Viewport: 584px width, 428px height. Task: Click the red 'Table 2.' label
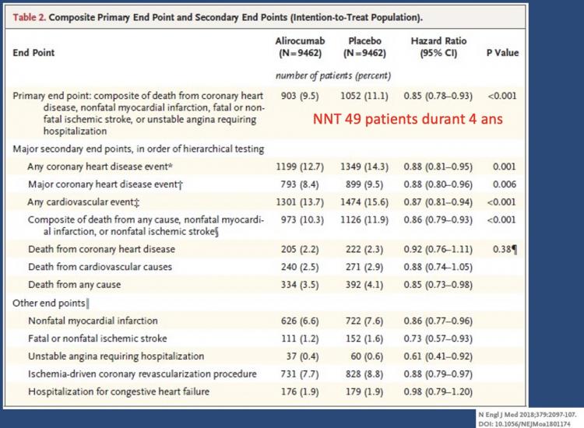[30, 17]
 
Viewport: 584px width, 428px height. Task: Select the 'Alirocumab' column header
[301, 41]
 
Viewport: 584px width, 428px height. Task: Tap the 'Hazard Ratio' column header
[438, 41]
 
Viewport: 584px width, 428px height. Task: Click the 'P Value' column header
[502, 53]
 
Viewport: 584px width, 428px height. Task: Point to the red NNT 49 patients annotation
[408, 119]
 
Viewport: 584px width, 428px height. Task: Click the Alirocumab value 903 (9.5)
[300, 96]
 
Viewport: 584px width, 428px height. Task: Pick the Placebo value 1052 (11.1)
[364, 96]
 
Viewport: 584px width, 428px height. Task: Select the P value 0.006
[505, 184]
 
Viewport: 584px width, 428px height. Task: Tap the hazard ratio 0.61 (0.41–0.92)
[438, 356]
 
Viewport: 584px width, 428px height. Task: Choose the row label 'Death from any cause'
[75, 285]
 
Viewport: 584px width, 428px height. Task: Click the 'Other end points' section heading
[49, 303]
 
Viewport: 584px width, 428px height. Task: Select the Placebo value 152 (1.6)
[364, 339]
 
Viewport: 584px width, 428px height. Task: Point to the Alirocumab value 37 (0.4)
[302, 356]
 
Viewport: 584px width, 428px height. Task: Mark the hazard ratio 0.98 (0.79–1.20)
[438, 392]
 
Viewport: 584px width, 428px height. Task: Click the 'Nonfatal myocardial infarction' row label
[93, 321]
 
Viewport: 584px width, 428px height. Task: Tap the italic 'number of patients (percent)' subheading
[333, 76]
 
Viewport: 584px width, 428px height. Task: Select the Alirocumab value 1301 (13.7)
[300, 202]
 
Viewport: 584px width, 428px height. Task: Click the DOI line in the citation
[524, 424]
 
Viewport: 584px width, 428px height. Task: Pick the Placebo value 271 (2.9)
[364, 267]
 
